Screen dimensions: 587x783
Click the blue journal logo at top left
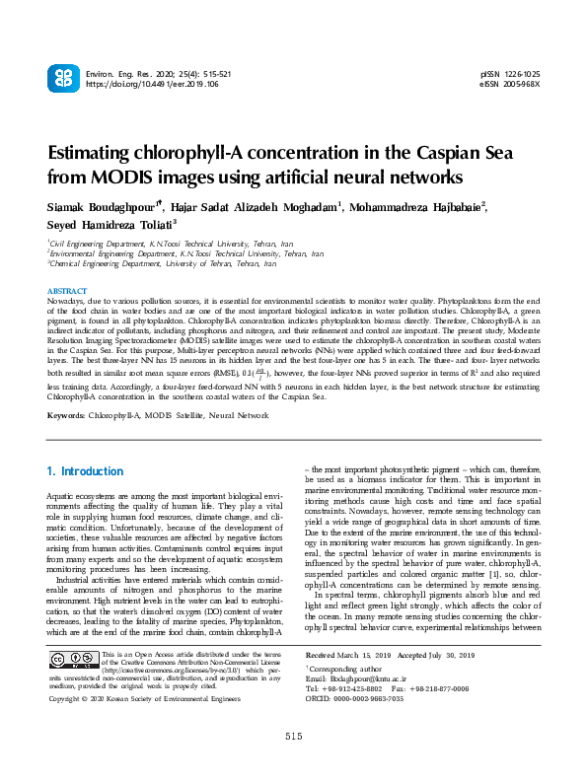coord(65,80)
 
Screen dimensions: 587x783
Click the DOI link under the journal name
coord(143,85)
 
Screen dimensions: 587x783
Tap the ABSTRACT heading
coord(67,291)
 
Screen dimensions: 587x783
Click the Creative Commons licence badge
coord(74,662)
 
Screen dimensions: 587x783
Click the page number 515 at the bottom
coord(293,764)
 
